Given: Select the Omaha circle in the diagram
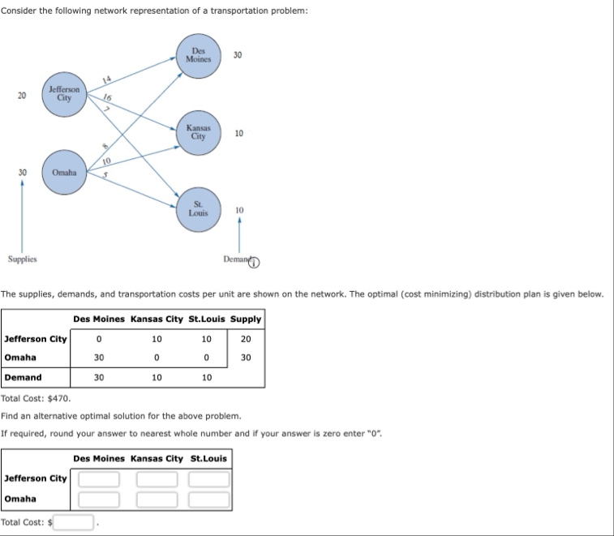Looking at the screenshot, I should (x=63, y=173).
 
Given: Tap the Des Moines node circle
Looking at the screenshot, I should (x=198, y=56).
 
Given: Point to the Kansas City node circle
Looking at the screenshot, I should (x=198, y=132).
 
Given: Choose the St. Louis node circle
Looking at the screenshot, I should (x=198, y=210).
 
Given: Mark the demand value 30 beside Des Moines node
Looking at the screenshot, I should (x=238, y=55).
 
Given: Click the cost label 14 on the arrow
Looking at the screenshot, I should (x=107, y=79).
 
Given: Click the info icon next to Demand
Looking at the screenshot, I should (x=254, y=262).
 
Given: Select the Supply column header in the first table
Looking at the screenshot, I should (x=245, y=319).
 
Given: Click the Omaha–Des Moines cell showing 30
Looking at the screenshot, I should (x=99, y=358).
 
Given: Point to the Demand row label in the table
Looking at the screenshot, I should (x=23, y=377).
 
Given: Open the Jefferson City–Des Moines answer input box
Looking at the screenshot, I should (x=99, y=478).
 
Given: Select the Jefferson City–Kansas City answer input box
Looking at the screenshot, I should (x=157, y=478).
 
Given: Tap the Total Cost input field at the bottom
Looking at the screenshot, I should (x=75, y=521).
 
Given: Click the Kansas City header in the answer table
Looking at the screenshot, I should (x=157, y=459).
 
